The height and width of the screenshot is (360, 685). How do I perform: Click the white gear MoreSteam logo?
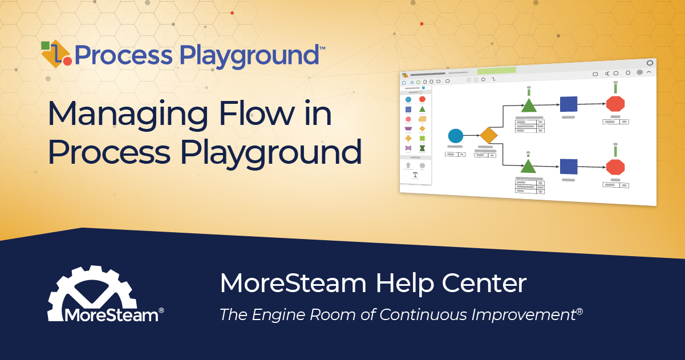tap(93, 294)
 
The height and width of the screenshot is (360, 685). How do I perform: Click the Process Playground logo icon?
tap(56, 54)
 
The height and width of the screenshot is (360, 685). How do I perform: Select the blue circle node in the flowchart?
tap(455, 136)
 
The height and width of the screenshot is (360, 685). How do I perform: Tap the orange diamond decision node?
tap(489, 136)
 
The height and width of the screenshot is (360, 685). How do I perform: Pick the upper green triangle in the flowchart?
tap(529, 106)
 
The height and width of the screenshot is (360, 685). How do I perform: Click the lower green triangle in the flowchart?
tap(529, 167)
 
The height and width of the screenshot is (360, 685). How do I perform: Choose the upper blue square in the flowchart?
tap(568, 104)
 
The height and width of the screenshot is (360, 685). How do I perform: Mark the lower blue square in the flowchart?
tap(568, 167)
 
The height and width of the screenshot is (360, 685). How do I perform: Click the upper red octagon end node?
tap(615, 104)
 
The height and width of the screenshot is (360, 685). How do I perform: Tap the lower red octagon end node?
tap(615, 167)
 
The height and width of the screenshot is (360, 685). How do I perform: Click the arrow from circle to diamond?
tap(471, 136)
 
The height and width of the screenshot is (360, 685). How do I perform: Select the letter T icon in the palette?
tap(415, 175)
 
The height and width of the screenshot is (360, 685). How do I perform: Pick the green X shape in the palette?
tap(423, 138)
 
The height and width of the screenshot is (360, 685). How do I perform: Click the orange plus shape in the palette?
tap(408, 138)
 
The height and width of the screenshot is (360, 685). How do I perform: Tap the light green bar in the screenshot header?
tap(496, 71)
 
